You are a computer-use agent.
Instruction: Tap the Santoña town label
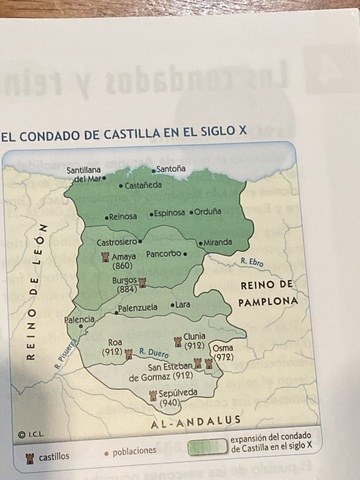(x=171, y=169)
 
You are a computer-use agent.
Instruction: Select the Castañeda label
(x=143, y=185)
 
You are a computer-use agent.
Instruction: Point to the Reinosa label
(x=123, y=215)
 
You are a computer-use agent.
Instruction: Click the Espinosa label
(x=170, y=212)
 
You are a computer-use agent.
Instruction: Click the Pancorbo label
(x=164, y=253)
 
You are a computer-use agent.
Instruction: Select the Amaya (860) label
(x=123, y=261)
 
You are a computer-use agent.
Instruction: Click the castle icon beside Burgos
(x=142, y=283)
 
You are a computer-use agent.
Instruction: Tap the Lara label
(x=182, y=304)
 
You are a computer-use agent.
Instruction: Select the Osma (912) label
(x=223, y=351)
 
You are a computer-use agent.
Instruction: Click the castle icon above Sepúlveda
(x=153, y=397)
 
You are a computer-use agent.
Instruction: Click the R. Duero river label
(x=154, y=352)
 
